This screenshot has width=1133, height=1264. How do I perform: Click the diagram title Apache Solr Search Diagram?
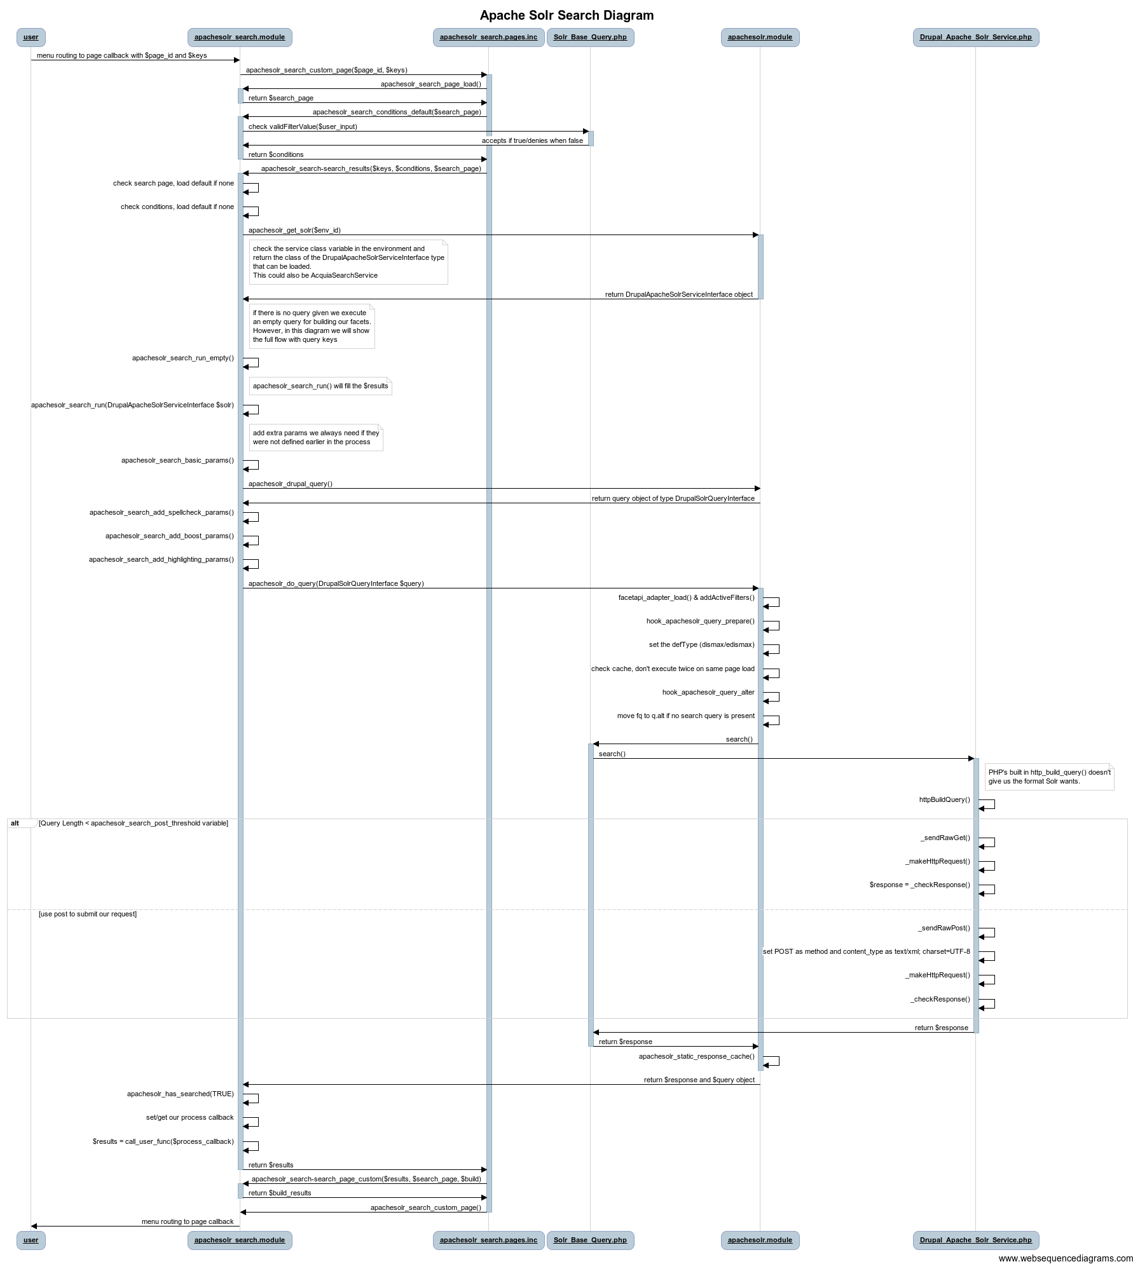566,15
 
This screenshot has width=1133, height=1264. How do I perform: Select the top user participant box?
31,37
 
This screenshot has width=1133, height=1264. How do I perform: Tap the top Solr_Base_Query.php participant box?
590,37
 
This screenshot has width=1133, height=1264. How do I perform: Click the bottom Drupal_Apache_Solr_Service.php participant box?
975,1239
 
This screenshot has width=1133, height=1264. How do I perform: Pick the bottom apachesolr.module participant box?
760,1239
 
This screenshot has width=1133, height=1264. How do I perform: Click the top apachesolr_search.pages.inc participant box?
488,37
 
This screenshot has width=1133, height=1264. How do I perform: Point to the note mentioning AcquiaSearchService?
348,262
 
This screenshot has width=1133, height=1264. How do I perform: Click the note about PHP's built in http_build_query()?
1049,777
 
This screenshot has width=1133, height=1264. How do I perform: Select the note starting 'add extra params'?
315,437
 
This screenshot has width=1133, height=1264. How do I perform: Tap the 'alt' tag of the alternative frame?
15,823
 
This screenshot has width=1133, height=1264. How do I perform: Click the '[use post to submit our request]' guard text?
88,914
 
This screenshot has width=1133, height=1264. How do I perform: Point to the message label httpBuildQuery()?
944,799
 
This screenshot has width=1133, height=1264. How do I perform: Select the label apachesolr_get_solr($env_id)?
294,230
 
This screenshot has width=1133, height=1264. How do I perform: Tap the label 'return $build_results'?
280,1193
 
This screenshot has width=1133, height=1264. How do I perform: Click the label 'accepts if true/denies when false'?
532,140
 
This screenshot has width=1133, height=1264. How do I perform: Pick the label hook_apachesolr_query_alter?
708,692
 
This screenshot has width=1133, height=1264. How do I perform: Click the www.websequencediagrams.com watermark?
1065,1258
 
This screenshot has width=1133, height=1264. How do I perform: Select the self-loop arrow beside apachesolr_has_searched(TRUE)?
252,1098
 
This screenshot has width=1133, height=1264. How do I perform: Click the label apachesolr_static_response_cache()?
696,1056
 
